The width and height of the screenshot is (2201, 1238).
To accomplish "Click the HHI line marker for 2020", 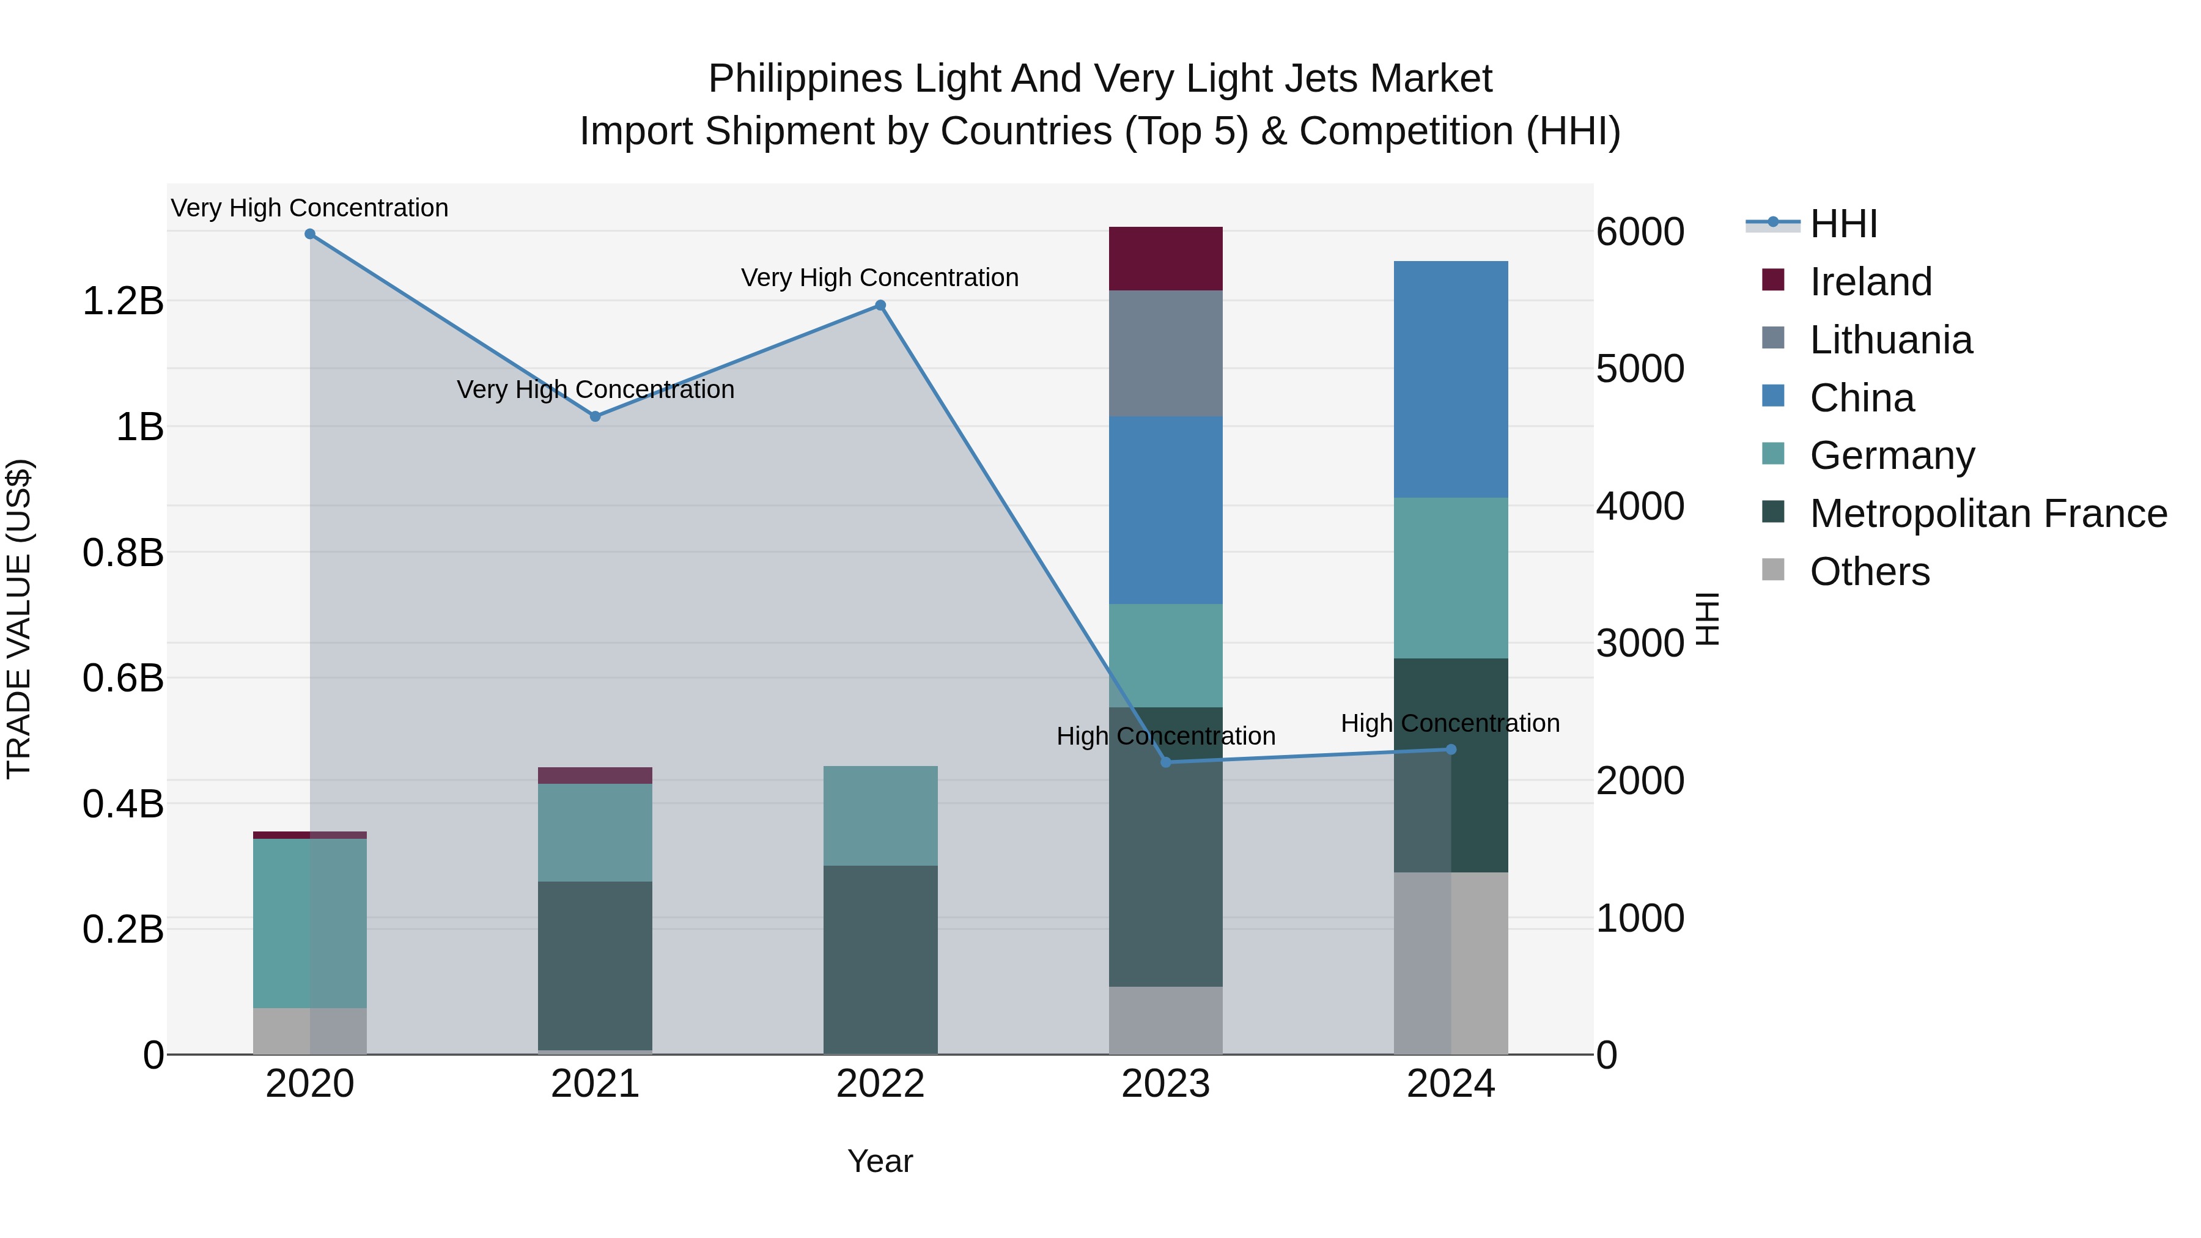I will (310, 234).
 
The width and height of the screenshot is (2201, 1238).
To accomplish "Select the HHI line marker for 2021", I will (595, 417).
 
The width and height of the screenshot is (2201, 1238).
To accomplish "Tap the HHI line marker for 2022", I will (880, 306).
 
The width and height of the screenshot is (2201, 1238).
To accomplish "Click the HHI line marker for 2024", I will (1451, 750).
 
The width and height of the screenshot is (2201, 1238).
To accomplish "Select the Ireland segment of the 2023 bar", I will (1165, 259).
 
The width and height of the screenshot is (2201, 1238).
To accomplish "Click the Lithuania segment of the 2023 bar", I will (1165, 354).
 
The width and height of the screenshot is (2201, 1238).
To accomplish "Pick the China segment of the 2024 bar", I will (1451, 379).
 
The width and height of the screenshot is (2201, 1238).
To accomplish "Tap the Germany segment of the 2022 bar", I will (880, 816).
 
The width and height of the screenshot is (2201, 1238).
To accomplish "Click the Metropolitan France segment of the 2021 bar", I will (595, 965).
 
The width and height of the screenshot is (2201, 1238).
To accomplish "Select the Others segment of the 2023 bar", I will (1165, 1020).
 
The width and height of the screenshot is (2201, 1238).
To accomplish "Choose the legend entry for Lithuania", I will (1891, 340).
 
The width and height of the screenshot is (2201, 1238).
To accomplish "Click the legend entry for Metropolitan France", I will (1988, 514).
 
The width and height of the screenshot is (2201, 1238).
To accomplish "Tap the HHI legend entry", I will (1843, 224).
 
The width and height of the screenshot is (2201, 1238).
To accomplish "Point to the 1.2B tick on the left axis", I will (123, 301).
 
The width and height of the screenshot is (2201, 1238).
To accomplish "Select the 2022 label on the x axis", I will (880, 1084).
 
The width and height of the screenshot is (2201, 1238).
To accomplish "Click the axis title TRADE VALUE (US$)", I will (19, 619).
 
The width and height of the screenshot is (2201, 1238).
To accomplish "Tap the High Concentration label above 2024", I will (1450, 724).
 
